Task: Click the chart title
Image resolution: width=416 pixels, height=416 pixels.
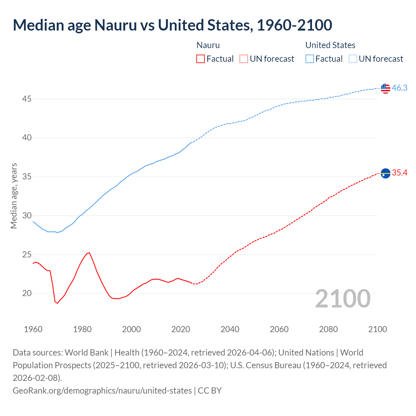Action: point(172,25)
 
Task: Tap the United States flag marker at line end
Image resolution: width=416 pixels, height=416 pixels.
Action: point(385,88)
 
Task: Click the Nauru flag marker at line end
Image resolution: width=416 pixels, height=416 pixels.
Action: point(385,174)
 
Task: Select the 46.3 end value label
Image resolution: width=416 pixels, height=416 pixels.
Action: point(399,88)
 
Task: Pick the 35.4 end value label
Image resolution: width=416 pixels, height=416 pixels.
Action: point(399,173)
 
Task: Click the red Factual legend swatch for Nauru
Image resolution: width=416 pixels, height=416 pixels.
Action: point(201,59)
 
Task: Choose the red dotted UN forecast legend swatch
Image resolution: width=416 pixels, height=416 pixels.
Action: point(244,59)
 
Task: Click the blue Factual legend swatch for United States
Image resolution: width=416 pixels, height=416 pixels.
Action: point(310,59)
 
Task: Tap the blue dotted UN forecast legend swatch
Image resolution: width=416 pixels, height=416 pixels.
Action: point(353,59)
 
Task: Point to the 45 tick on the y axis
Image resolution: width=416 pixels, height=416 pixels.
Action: point(27,99)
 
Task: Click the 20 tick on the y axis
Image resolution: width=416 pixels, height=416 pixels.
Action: point(27,293)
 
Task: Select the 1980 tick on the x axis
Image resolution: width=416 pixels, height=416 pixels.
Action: point(82,329)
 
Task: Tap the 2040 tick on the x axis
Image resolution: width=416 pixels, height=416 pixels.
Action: point(230,329)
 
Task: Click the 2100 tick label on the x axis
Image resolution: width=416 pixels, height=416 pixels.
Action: point(377,329)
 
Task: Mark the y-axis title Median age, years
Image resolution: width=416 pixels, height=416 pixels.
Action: point(14,196)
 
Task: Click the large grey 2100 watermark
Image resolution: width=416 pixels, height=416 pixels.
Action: point(343,299)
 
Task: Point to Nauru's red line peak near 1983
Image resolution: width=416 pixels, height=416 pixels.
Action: point(89,253)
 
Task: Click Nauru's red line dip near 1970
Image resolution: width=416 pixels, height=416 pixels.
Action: point(57,303)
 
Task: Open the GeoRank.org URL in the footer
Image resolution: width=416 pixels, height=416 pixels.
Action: point(102,390)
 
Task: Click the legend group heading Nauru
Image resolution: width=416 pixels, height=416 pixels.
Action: point(208,45)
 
